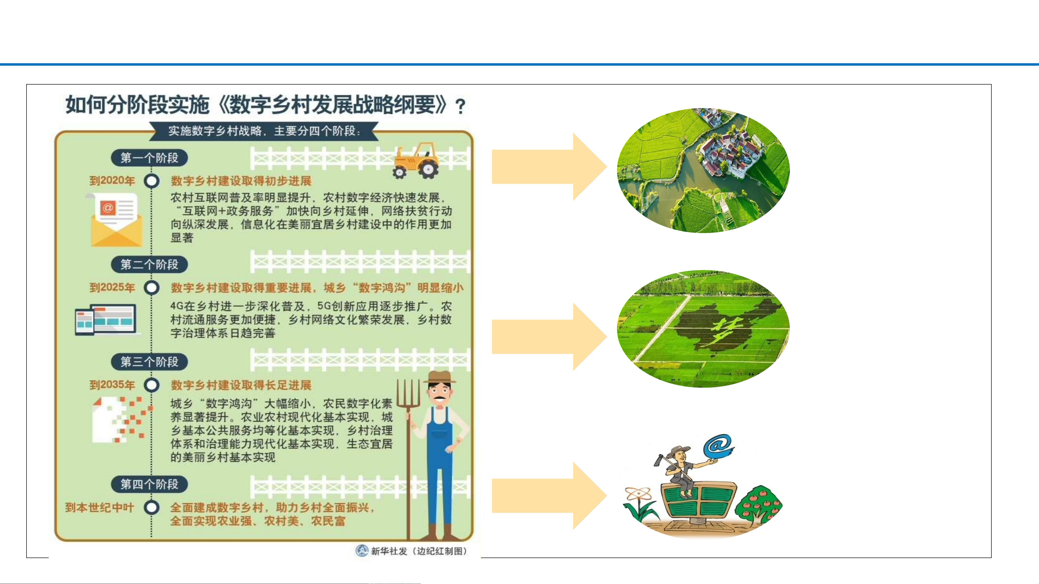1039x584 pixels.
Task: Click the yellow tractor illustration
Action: [415, 161]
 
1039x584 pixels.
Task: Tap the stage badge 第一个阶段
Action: [149, 158]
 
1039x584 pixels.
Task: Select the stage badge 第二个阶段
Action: [149, 264]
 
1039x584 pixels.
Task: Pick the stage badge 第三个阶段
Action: [149, 362]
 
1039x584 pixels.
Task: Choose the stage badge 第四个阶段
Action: [149, 484]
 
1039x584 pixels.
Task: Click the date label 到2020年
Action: [112, 181]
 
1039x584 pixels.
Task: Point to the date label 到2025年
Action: [112, 287]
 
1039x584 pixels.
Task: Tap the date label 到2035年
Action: [112, 385]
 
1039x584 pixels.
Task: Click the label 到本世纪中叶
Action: [100, 508]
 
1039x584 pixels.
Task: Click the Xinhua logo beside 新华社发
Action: [362, 550]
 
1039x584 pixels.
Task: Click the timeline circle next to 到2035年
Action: [152, 385]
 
